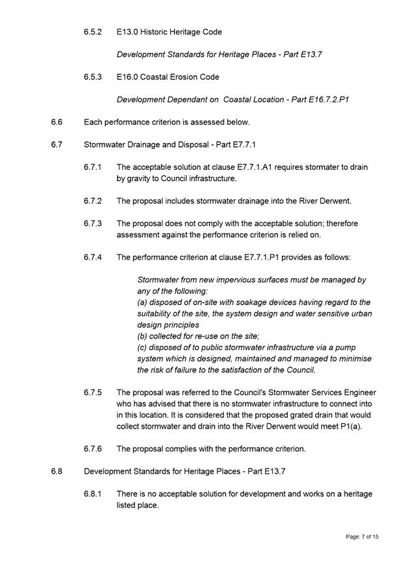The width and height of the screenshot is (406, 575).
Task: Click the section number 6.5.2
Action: [92, 31]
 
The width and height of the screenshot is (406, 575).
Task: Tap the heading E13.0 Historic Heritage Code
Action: [169, 31]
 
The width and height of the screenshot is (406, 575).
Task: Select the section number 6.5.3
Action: [92, 76]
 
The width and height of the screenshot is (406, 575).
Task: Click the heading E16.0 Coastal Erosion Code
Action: [168, 76]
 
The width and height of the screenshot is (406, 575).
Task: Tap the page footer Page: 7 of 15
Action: [362, 536]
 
